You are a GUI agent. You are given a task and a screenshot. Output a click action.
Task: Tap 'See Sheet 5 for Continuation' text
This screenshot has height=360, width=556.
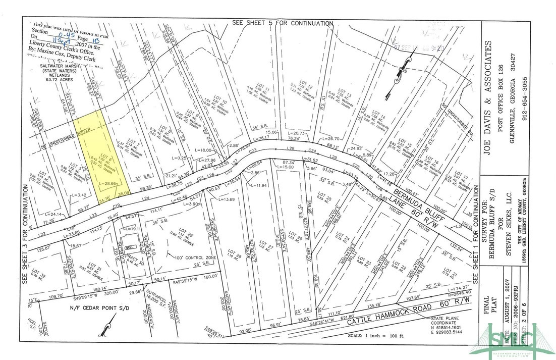pyautogui.click(x=283, y=23)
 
